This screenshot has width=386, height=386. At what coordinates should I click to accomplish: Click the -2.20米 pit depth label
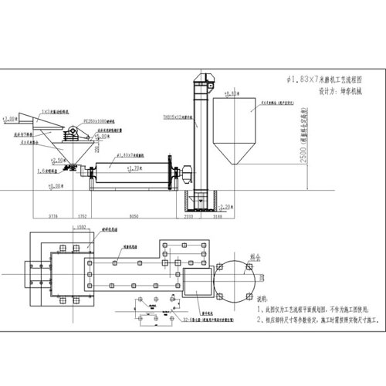(x=225, y=206)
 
